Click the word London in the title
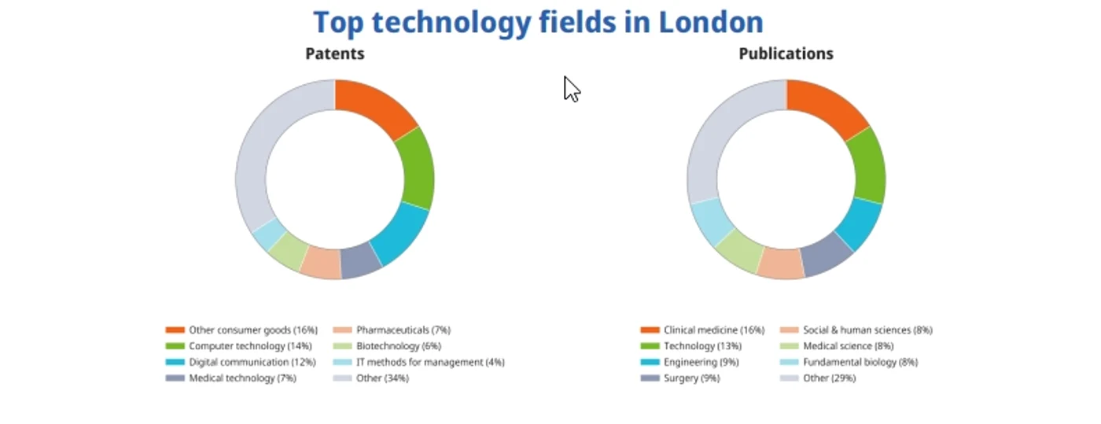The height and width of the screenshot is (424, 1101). tap(711, 22)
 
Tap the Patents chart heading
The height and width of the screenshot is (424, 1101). tap(335, 53)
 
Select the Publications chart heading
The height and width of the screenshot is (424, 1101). tap(786, 53)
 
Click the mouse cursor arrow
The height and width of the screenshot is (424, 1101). tap(572, 89)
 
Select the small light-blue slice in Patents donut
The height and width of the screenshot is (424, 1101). tap(270, 234)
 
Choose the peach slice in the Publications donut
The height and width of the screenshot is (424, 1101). tap(780, 264)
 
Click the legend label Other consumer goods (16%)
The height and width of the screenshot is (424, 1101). tap(253, 330)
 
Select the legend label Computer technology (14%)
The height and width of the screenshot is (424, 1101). tap(250, 346)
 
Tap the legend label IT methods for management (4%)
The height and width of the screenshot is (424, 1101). tap(431, 363)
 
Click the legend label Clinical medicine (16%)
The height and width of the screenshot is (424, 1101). tap(714, 330)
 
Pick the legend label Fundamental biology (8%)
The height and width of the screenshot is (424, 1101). tap(860, 363)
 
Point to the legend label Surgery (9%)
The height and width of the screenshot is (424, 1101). tap(691, 378)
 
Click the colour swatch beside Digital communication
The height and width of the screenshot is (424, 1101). tap(175, 363)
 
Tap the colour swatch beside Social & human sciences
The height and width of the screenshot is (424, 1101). tap(790, 330)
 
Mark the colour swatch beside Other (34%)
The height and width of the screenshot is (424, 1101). tap(343, 378)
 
